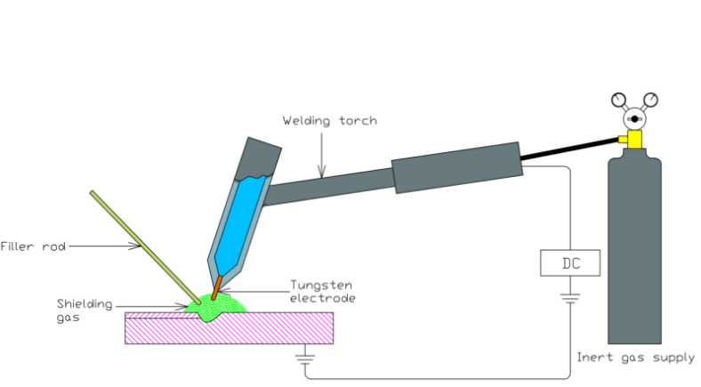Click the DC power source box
[x=569, y=262]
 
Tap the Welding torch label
[x=329, y=120]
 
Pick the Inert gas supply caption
[x=635, y=358]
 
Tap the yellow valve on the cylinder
[x=633, y=139]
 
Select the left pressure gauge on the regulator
[x=619, y=100]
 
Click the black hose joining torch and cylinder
[x=569, y=149]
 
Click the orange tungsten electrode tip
[x=215, y=291]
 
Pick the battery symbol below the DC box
[x=569, y=297]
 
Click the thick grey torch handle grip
[x=455, y=166]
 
